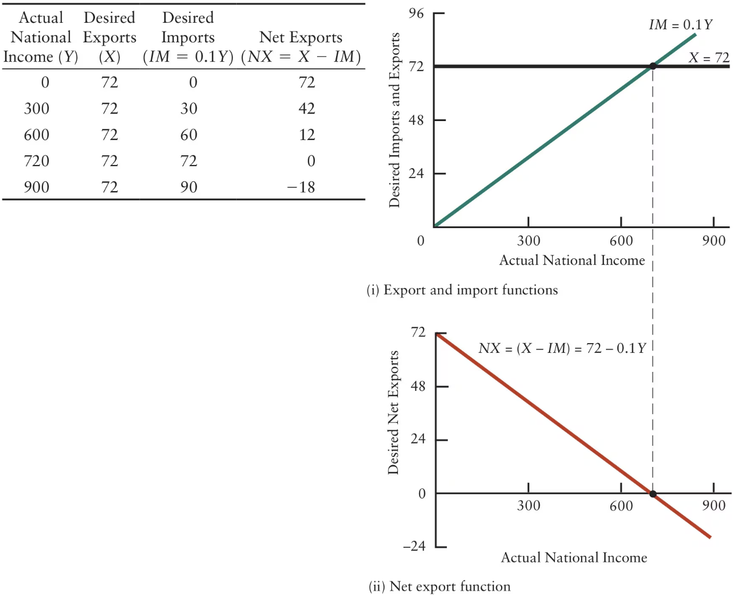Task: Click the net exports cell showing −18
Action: [301, 187]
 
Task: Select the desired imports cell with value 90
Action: [189, 187]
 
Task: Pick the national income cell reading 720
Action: [36, 161]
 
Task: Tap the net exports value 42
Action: [307, 109]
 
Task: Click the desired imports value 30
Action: [189, 109]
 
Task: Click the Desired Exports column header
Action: [110, 37]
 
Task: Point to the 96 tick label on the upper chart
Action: [416, 14]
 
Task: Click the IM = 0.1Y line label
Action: [680, 24]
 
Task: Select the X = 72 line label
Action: [709, 58]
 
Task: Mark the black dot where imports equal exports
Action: [653, 66]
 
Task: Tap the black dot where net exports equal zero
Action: [653, 494]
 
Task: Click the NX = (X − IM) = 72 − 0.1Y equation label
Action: [562, 348]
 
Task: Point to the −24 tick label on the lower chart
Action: [414, 546]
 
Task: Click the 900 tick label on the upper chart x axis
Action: [713, 241]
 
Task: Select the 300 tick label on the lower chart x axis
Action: [528, 506]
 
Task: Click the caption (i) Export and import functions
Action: [462, 290]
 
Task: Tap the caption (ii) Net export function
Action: [439, 586]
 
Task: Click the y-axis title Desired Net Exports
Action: [394, 413]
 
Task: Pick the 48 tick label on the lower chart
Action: [418, 387]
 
